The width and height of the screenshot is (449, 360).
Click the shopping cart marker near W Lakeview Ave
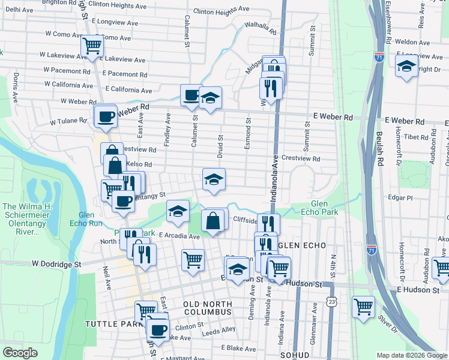click(92, 46)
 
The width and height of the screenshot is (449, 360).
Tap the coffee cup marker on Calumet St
click(191, 95)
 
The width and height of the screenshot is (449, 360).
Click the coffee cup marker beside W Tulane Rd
click(105, 116)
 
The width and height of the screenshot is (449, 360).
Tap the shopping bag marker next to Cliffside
click(213, 220)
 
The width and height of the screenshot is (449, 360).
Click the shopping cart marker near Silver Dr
click(364, 307)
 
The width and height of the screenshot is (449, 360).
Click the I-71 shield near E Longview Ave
click(379, 57)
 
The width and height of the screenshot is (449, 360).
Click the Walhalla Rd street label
click(260, 28)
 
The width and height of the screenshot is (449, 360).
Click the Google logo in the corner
click(20, 353)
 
